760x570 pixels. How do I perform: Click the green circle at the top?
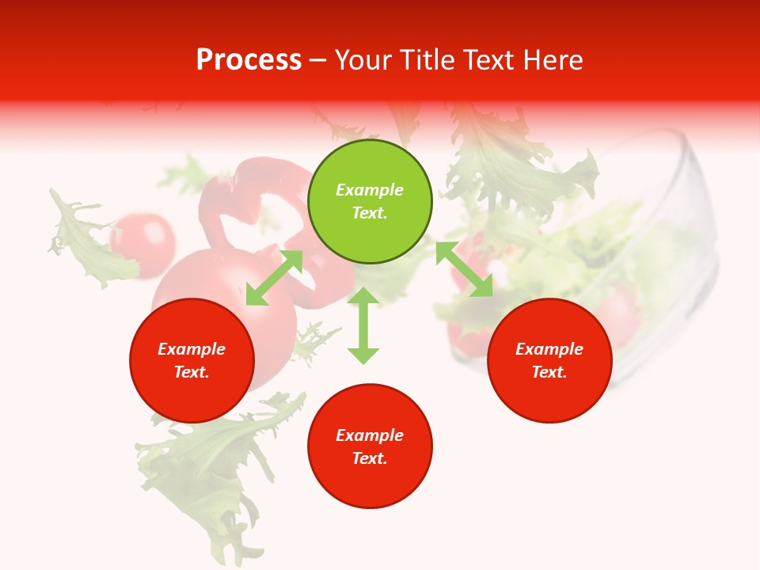(x=370, y=202)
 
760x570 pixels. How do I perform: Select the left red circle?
(x=192, y=360)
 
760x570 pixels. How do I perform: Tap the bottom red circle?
(x=370, y=446)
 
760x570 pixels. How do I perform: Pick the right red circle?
(x=549, y=360)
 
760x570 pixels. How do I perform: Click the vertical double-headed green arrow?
(x=363, y=325)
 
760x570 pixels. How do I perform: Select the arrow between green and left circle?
(x=274, y=277)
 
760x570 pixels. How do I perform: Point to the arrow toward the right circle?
(x=464, y=269)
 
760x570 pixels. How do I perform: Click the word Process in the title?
(x=249, y=60)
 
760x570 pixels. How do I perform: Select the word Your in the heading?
(x=363, y=60)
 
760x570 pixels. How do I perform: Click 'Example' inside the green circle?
(x=370, y=190)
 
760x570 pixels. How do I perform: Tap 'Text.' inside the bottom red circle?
(x=370, y=458)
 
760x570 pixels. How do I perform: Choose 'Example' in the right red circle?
(x=549, y=349)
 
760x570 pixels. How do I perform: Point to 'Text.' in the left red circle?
(x=192, y=372)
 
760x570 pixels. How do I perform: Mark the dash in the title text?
(x=318, y=60)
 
